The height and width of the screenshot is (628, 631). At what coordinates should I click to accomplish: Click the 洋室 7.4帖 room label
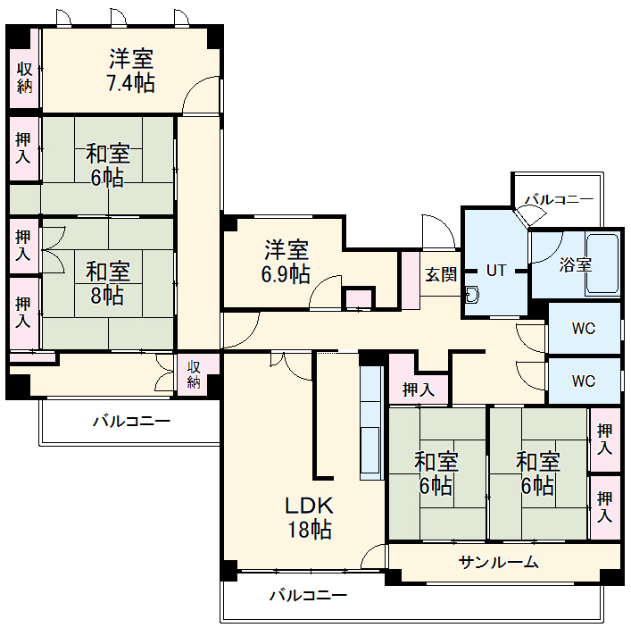[132, 71]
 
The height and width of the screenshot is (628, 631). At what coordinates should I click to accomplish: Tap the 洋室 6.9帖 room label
[286, 261]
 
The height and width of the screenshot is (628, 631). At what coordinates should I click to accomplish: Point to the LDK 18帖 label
[309, 517]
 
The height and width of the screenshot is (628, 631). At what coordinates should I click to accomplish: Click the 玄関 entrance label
[440, 274]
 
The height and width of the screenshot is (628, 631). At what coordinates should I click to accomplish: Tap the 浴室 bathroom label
[576, 264]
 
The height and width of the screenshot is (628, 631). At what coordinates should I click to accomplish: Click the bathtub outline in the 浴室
[602, 264]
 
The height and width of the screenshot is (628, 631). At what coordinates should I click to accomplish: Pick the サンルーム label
[499, 562]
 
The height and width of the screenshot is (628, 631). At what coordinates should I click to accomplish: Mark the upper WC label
[584, 328]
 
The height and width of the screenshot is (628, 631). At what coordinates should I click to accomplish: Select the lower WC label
[584, 381]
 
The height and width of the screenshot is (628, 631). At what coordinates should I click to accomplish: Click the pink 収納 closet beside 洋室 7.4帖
[24, 78]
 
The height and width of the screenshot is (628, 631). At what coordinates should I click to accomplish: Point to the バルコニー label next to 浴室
[560, 199]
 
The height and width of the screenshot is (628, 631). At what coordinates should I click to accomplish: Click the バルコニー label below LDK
[308, 595]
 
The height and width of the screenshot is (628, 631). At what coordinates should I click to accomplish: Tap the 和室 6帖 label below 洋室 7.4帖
[108, 164]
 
